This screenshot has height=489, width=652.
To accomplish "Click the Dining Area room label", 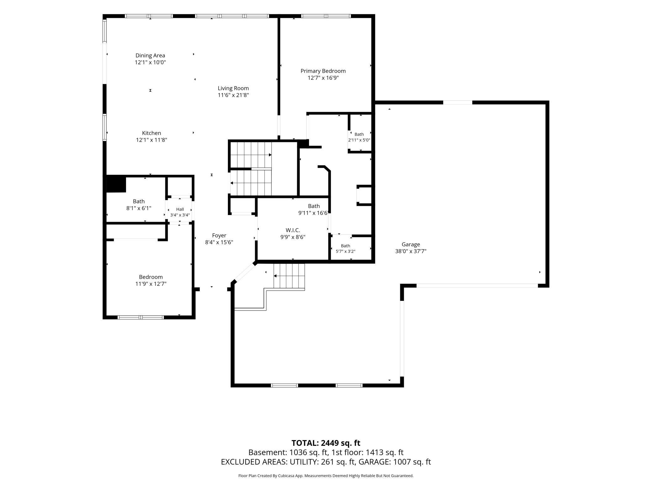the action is pyautogui.click(x=150, y=55).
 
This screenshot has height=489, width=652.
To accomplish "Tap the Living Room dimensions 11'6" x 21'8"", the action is pyautogui.click(x=233, y=95).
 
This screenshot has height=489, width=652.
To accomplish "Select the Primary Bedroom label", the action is pyautogui.click(x=323, y=71).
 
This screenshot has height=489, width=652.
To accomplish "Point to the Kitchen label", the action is pyautogui.click(x=151, y=133).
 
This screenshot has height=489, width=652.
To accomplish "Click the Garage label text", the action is pyautogui.click(x=411, y=244).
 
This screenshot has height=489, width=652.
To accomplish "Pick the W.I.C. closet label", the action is pyautogui.click(x=293, y=230).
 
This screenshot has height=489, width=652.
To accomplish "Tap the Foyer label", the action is pyautogui.click(x=219, y=235).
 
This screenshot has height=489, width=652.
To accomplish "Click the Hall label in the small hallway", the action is pyautogui.click(x=180, y=209).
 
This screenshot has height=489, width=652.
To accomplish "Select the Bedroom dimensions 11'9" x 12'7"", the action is pyautogui.click(x=151, y=284).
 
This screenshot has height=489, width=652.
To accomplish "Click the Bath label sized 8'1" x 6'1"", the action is pyautogui.click(x=139, y=201).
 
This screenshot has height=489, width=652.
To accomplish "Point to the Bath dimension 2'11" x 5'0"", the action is pyautogui.click(x=359, y=140).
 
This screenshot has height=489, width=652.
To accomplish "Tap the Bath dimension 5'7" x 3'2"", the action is pyautogui.click(x=345, y=251).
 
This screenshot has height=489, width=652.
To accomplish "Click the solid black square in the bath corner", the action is pyautogui.click(x=116, y=185).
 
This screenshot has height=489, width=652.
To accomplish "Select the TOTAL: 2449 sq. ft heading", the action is pyautogui.click(x=326, y=443).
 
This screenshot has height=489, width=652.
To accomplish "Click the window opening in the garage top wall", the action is pyautogui.click(x=458, y=102).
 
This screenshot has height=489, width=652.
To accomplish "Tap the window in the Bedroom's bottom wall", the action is pyautogui.click(x=141, y=317).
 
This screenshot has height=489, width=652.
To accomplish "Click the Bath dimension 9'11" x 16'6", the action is pyautogui.click(x=313, y=213).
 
